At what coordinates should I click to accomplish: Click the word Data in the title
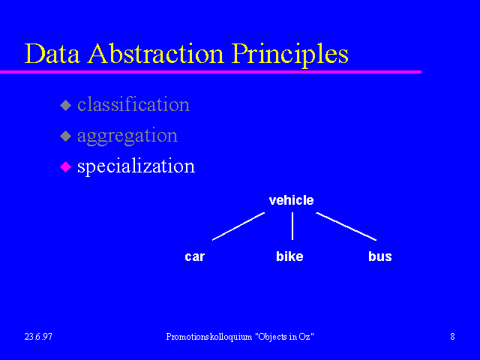coord(52,53)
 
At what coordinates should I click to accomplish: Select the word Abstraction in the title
coord(156,53)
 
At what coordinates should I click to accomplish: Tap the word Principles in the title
coord(290,55)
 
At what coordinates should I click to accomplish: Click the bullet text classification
coord(133,104)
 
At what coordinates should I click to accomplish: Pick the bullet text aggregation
coord(127,136)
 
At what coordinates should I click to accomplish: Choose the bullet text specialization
coord(136,166)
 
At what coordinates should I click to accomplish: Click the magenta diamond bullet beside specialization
coord(65,166)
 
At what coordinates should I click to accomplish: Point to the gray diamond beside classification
coord(65,105)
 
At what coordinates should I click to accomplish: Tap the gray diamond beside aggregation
coord(65,136)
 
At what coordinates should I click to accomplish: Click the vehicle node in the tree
coord(292,200)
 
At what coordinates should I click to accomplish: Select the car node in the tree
coord(195,256)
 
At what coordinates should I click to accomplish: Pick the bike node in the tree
coord(289,256)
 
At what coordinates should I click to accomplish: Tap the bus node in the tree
coord(380,256)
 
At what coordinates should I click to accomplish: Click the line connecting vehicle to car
coord(238,226)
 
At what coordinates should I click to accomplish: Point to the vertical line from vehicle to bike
coord(292,226)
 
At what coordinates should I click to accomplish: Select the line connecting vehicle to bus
coord(346,226)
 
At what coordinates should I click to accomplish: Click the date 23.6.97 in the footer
coord(38,337)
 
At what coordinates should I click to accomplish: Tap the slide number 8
coord(452,337)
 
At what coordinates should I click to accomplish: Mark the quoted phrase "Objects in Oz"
coord(285,337)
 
